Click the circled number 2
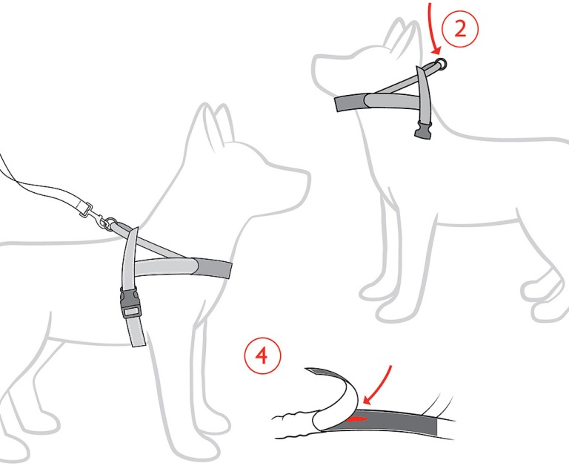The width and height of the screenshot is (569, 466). point(460,29)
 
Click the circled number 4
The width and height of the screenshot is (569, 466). point(262,355)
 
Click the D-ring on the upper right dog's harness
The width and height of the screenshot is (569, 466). point(442,65)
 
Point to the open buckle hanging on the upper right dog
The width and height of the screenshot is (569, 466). point(424,131)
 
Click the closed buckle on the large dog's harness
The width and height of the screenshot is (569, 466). point(129,303)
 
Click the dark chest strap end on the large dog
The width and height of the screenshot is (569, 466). point(213,269)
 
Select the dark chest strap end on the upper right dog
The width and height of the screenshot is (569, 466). point(351,103)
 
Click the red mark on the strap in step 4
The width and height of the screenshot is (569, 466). point(356,419)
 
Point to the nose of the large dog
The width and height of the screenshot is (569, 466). point(308,178)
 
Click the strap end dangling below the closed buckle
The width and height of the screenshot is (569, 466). point(137,332)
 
